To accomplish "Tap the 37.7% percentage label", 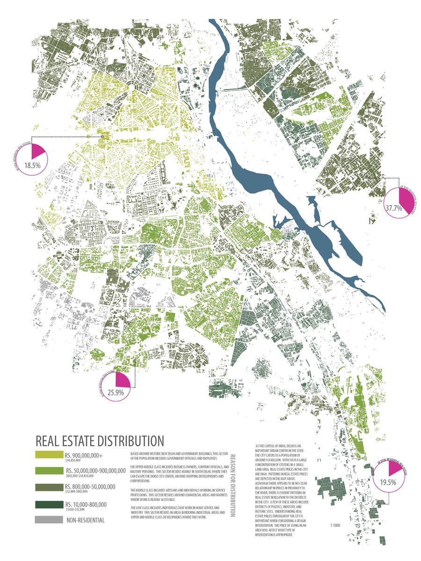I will (393, 208).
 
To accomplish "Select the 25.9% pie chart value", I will (115, 393).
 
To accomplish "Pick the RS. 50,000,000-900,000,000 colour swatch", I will (48, 471).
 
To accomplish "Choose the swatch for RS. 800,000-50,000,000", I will (48, 488).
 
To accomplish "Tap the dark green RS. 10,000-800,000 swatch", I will (48, 504).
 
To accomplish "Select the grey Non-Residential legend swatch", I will (48, 519).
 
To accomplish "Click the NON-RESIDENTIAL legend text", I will (85, 520).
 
